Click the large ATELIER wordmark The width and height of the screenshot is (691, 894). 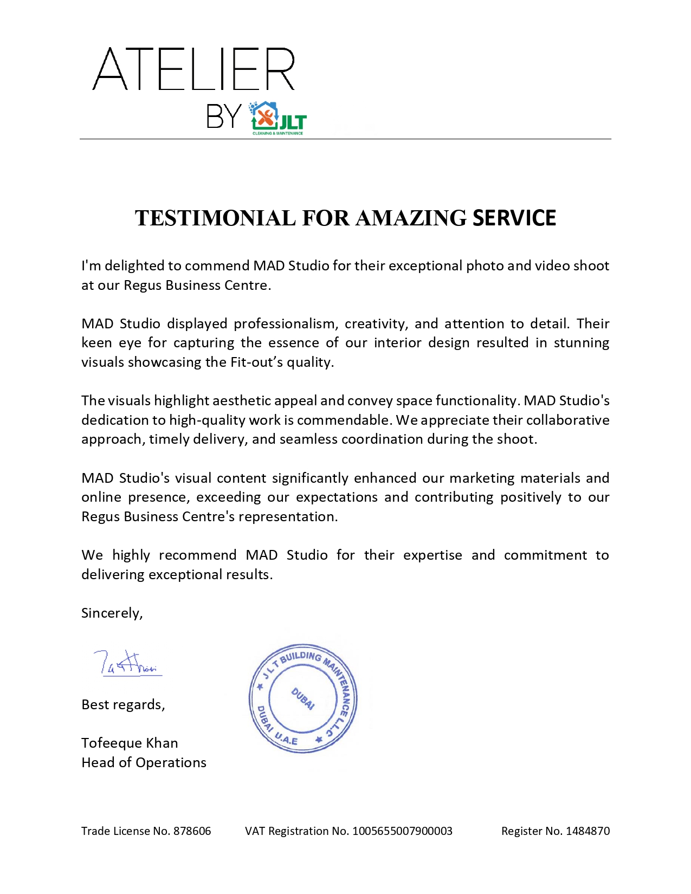[x=194, y=69]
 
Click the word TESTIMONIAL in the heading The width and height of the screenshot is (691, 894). [x=215, y=218]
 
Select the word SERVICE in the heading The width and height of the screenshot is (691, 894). [x=514, y=218]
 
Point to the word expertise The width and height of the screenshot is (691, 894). [x=432, y=555]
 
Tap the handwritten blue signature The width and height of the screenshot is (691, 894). [x=128, y=663]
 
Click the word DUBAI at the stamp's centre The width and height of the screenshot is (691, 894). [x=303, y=698]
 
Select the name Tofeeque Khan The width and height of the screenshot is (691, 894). [x=130, y=743]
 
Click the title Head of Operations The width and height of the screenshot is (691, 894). [x=144, y=763]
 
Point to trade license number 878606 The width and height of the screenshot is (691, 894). [x=192, y=831]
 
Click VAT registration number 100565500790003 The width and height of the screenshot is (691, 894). [x=402, y=831]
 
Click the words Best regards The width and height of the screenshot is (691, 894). [x=122, y=705]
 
